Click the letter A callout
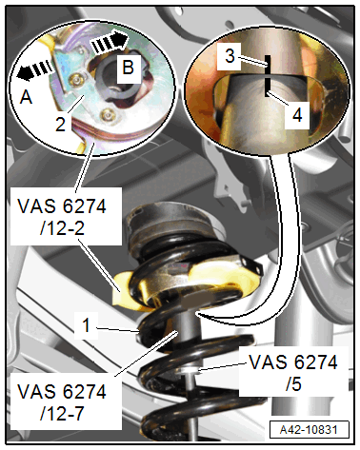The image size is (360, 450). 26,97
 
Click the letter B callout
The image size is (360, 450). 129,68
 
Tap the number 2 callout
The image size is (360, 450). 61,124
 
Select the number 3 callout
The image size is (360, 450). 230,56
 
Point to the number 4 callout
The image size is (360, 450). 297,115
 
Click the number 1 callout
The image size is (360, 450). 86,325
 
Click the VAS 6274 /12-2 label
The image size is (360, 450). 62,217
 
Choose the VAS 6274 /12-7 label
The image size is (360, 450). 62,402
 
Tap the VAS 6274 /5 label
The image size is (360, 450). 293,373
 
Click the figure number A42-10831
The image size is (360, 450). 309,430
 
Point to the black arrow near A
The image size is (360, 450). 35,69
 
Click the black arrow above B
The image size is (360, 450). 110,42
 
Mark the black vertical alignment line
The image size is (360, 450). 268,76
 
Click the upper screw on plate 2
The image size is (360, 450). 76,80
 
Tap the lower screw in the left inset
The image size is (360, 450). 107,114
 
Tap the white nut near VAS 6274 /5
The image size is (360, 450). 190,370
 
